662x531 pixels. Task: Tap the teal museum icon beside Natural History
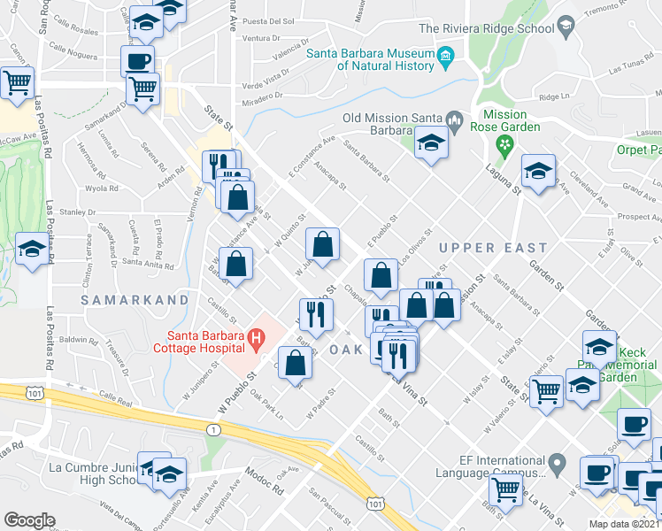click(445, 59)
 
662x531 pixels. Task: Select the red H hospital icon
click(257, 336)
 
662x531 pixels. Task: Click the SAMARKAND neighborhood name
click(135, 300)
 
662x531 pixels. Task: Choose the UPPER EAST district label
click(492, 248)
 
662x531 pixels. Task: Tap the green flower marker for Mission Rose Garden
click(505, 144)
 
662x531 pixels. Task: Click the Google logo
click(29, 520)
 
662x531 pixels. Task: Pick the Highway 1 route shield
click(213, 428)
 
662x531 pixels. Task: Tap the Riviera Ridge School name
click(486, 28)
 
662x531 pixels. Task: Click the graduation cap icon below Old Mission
click(431, 143)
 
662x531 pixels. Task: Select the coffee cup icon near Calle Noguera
click(137, 61)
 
